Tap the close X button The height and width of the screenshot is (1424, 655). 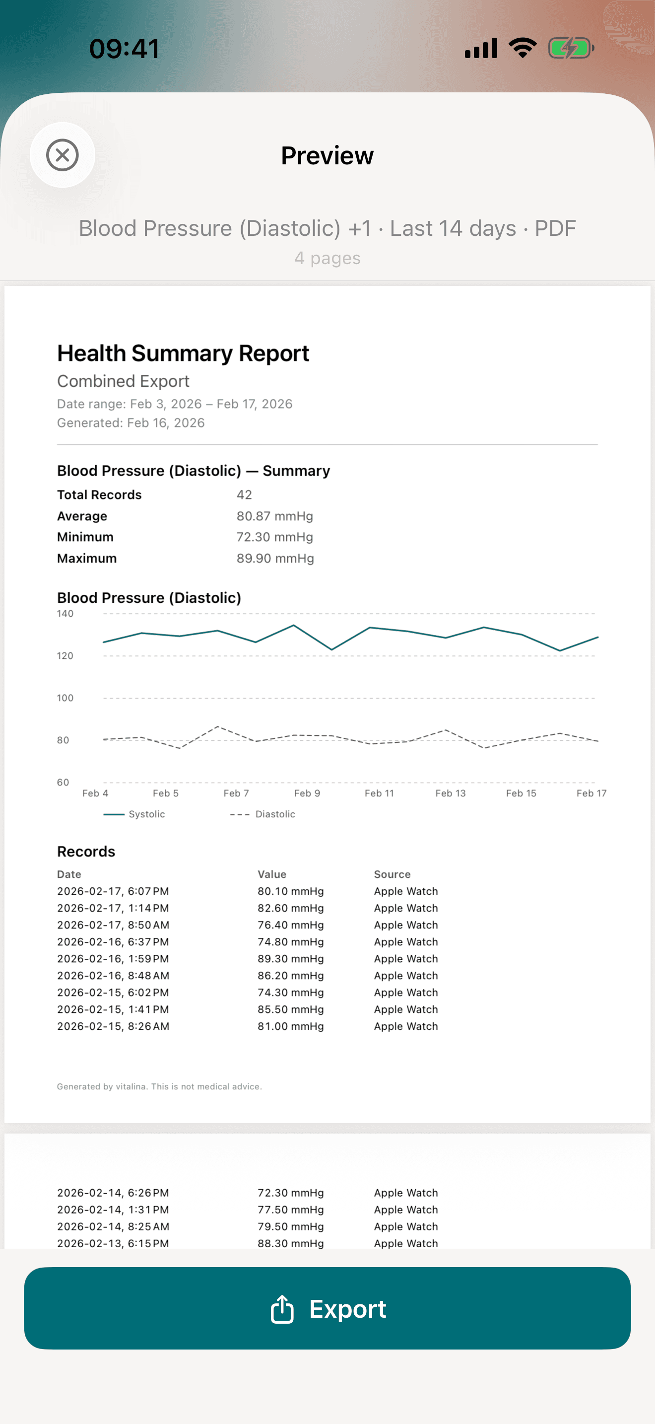point(63,155)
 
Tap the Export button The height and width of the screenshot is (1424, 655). point(327,1308)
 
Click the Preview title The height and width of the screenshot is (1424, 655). point(327,155)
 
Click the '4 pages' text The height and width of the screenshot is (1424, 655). point(327,258)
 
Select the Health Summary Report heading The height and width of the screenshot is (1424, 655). point(183,353)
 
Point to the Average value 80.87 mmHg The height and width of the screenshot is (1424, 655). point(274,516)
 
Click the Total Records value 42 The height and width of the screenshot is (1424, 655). point(244,495)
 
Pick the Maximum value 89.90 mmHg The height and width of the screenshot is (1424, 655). point(275,558)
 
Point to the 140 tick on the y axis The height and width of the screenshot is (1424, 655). point(65,614)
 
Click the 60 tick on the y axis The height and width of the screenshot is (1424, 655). point(63,782)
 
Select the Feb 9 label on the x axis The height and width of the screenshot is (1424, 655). point(307,793)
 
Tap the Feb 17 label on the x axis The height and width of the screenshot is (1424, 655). point(591,793)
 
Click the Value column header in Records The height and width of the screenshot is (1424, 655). point(272,874)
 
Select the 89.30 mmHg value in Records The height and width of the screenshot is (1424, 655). point(290,959)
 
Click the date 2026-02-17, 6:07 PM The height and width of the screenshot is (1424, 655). point(113,891)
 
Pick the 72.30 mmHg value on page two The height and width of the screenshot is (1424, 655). point(290,1193)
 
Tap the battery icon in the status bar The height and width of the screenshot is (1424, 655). point(571,48)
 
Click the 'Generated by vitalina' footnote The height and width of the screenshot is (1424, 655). point(159,1086)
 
